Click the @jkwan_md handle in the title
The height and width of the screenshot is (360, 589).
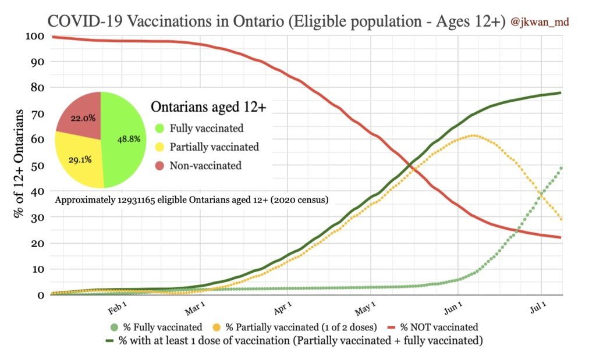(x=540, y=22)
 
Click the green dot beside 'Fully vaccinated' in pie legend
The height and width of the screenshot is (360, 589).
(x=159, y=129)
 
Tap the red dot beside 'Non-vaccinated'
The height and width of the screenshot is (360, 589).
(x=159, y=166)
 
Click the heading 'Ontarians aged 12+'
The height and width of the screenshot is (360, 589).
(x=204, y=108)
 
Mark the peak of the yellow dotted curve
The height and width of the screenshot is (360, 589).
(x=474, y=136)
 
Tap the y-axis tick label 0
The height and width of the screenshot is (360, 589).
(x=41, y=295)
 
